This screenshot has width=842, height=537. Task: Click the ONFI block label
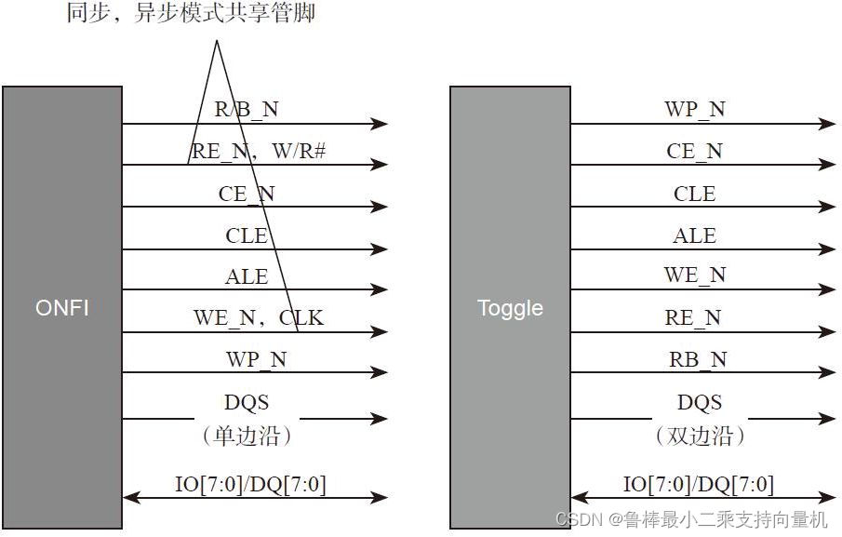tap(61, 307)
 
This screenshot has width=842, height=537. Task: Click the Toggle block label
tap(510, 308)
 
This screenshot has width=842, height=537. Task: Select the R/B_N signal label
tap(247, 109)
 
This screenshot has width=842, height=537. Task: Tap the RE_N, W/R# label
tap(258, 151)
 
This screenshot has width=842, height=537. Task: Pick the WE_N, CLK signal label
tap(259, 317)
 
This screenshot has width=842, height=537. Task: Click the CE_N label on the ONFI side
tap(247, 194)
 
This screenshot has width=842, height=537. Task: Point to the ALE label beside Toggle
tap(694, 235)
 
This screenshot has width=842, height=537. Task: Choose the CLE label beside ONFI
tap(247, 235)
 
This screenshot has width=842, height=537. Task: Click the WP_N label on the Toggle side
tap(694, 109)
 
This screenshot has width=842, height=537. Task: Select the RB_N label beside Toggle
tap(698, 359)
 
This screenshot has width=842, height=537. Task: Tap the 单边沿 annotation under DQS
tap(247, 436)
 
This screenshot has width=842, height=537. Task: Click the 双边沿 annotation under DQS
tap(700, 436)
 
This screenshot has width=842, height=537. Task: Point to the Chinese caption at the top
tap(191, 14)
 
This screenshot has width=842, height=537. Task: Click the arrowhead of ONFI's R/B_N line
tap(379, 123)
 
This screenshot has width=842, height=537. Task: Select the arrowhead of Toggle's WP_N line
tap(827, 123)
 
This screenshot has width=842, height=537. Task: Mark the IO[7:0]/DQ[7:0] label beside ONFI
tap(251, 484)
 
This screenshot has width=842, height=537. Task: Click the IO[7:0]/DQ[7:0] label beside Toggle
tap(699, 484)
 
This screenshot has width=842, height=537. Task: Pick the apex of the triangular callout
tap(217, 42)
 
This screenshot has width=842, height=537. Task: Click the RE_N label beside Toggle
tap(693, 317)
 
